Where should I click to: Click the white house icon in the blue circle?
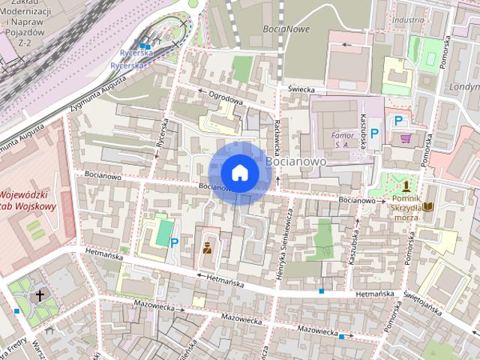coord(239,172)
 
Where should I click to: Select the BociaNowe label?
coord(286,29)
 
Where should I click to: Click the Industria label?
coord(408,20)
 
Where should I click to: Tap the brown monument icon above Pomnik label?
coord(406,185)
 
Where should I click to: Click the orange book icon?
coord(427,206)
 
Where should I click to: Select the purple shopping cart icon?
coord(406,138)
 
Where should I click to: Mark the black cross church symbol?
coord(40,295)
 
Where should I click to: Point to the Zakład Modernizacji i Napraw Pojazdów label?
coord(27,22)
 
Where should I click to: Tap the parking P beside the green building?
coord(174,242)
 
